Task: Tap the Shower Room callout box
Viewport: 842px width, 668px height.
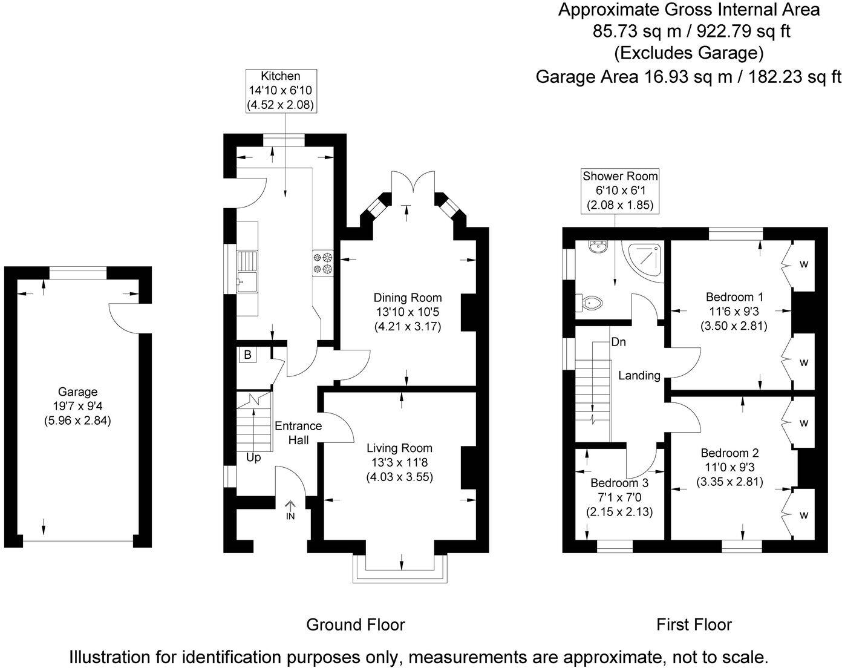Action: [620, 191]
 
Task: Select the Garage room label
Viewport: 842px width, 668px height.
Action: [77, 392]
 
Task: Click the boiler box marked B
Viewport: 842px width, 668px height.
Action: [247, 355]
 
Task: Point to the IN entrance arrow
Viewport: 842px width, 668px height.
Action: [290, 509]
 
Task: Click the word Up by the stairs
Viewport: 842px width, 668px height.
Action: [253, 457]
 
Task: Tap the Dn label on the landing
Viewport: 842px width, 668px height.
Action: [618, 342]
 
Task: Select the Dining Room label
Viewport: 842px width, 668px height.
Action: [407, 298]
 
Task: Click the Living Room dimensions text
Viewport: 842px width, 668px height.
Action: [399, 470]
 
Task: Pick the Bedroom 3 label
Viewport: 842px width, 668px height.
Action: [619, 483]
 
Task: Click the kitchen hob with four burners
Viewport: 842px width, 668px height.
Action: [322, 263]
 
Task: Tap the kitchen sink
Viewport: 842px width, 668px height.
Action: [247, 270]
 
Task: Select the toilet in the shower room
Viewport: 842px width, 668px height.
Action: [590, 302]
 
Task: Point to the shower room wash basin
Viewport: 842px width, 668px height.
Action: [599, 246]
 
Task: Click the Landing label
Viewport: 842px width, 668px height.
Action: [639, 376]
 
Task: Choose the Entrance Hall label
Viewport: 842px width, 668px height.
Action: [298, 433]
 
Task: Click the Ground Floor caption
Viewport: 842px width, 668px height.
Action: [355, 624]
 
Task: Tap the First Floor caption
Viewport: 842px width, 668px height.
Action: [694, 624]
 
